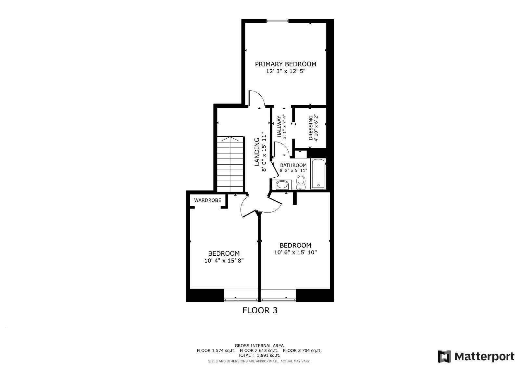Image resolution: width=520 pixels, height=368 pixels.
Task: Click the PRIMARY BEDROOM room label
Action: click(x=285, y=64)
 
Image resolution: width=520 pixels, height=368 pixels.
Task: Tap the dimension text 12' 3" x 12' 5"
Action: click(x=286, y=71)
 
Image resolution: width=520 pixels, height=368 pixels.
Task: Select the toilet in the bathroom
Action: click(x=301, y=182)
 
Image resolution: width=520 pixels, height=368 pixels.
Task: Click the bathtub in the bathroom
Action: click(x=318, y=174)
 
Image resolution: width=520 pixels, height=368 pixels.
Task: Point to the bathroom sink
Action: click(x=281, y=185)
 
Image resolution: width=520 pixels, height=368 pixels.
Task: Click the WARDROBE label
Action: click(x=207, y=200)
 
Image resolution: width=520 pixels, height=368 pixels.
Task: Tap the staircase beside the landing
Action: click(x=230, y=164)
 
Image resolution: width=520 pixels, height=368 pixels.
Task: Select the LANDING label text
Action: click(x=257, y=152)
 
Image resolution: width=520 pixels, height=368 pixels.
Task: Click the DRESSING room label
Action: click(x=311, y=128)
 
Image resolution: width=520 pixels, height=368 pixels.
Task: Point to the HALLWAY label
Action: click(x=279, y=127)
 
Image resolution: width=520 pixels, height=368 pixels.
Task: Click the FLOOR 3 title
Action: click(x=260, y=310)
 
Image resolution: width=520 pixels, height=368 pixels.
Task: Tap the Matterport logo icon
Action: click(x=444, y=356)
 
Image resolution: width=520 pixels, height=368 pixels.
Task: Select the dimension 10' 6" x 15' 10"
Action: click(x=295, y=252)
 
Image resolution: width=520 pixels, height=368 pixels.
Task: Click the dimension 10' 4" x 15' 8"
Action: click(x=224, y=261)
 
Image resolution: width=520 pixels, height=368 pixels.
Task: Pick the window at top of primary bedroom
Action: click(x=277, y=21)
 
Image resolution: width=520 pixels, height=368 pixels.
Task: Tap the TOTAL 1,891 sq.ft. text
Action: click(x=259, y=356)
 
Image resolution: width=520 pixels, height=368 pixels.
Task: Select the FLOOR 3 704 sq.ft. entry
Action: click(x=302, y=350)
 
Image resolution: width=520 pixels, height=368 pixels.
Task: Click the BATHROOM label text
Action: click(x=293, y=165)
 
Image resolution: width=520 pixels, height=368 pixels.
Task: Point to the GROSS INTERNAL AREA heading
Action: click(x=259, y=346)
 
